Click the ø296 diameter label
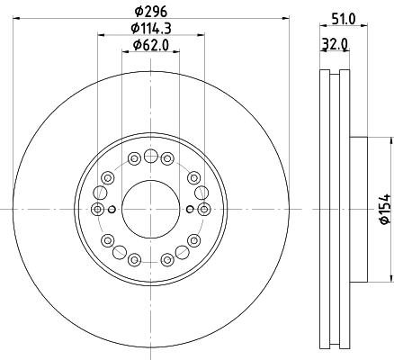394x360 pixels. (x=151, y=12)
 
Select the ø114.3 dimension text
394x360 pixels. (x=151, y=29)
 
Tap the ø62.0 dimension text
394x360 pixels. (x=151, y=45)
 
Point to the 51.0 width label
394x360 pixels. (x=344, y=19)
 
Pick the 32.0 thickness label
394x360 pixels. (x=335, y=44)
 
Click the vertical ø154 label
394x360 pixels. (x=385, y=209)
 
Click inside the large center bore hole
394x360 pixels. (x=150, y=209)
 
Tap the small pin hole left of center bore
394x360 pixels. (x=112, y=209)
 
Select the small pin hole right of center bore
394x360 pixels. (x=190, y=209)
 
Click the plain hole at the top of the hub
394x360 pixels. (x=150, y=156)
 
